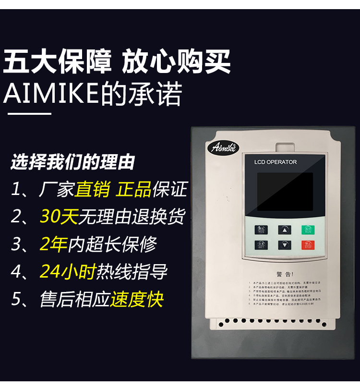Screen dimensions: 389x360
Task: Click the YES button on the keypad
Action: pos(262,230)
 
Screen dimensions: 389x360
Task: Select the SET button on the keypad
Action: pos(262,245)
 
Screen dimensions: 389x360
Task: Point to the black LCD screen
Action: pos(284,192)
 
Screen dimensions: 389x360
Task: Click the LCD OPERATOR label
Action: pos(276,162)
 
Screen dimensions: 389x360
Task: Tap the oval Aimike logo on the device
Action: pos(225,146)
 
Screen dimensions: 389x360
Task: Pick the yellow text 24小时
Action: pos(68,271)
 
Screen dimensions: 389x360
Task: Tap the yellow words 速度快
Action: pos(137,299)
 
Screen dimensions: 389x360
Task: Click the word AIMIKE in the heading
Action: pos(50,95)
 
